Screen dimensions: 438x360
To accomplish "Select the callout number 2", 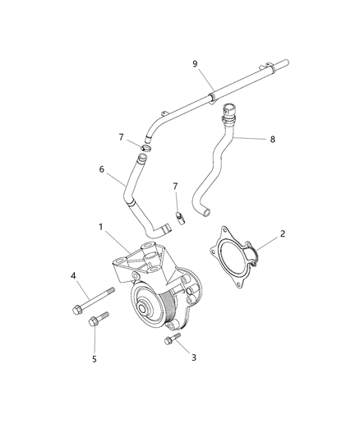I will click(x=283, y=234).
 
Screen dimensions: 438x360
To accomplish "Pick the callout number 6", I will click(x=102, y=169).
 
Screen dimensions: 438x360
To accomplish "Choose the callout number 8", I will click(x=273, y=140).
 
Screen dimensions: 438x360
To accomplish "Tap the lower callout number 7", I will click(x=174, y=187).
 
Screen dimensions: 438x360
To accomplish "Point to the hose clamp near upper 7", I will click(x=142, y=150).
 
